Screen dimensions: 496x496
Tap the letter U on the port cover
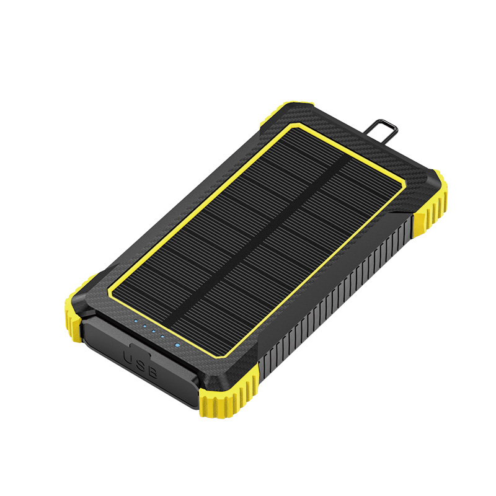click(130, 358)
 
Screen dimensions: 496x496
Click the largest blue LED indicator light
click(177, 345)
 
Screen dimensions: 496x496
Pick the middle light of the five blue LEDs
click(153, 331)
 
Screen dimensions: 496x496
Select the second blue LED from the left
click(144, 326)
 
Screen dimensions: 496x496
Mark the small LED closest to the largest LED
click(162, 336)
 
